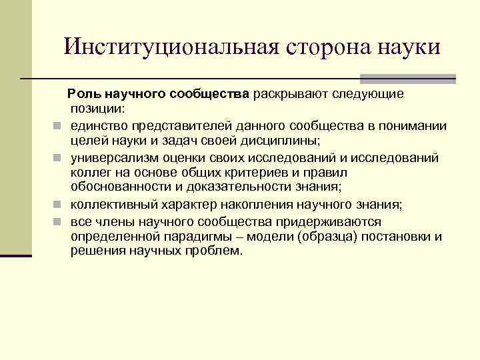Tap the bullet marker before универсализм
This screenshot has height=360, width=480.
[58, 157]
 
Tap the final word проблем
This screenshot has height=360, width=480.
[215, 251]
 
